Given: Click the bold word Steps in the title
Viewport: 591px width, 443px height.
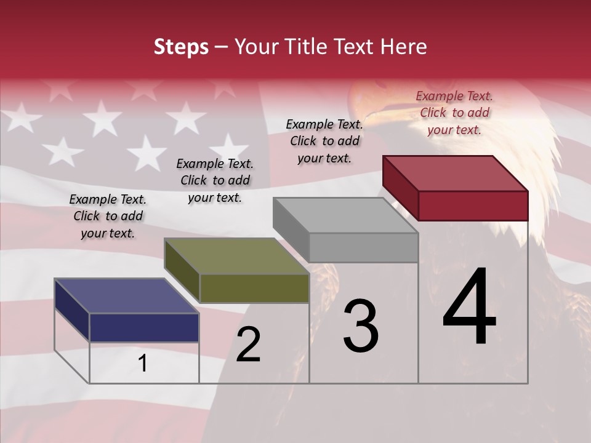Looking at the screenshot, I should tap(181, 47).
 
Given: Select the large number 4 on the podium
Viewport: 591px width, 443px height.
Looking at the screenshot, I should tap(469, 308).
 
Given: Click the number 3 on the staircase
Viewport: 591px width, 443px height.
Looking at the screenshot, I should tap(360, 327).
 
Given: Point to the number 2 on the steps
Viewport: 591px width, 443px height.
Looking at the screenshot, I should tap(248, 345).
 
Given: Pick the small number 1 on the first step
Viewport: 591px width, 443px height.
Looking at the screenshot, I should tap(143, 364).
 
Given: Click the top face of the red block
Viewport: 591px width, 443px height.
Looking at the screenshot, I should tap(454, 173).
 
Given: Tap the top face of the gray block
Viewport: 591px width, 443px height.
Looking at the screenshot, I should tap(345, 215).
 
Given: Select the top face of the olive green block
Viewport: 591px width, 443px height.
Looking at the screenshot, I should tap(236, 256).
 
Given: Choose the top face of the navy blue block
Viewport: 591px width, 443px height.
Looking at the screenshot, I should tap(127, 296).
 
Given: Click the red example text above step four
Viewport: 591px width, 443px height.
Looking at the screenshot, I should tap(454, 113).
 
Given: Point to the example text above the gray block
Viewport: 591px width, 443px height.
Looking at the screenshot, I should tap(324, 141).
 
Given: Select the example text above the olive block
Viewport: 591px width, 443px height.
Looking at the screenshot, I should tap(215, 180).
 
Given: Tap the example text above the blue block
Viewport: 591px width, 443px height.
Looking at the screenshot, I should tap(108, 216).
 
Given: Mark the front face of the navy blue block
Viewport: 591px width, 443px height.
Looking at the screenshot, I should tap(144, 327).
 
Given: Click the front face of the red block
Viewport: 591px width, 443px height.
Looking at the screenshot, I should tap(473, 206).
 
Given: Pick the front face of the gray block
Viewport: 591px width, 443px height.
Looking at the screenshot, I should tap(363, 247).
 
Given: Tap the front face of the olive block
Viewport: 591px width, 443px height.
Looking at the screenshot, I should tap(254, 288).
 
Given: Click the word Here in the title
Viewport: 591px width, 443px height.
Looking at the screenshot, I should tap(403, 47).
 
